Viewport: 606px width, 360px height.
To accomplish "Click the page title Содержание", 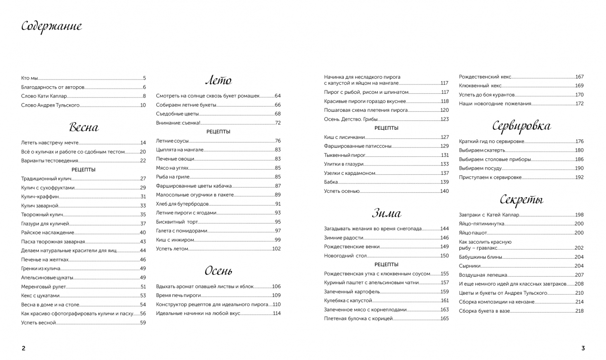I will [x=52, y=27].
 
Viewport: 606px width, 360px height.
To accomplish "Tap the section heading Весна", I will [x=84, y=127].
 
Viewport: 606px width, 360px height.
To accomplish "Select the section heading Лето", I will [x=218, y=80].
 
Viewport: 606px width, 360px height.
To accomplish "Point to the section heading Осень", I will [x=218, y=271].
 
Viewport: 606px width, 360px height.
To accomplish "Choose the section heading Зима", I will [x=386, y=214].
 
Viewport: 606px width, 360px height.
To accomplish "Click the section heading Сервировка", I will [x=521, y=126].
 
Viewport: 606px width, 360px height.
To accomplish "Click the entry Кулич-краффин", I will [x=36, y=197].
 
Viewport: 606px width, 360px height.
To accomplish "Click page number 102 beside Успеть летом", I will [x=276, y=249].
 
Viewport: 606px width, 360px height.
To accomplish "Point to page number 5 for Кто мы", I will [x=144, y=78].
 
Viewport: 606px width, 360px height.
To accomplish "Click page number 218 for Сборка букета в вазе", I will [x=579, y=311].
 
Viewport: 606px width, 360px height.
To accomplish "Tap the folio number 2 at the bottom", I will [x=24, y=348].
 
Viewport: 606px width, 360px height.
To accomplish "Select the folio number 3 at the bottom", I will [x=583, y=348].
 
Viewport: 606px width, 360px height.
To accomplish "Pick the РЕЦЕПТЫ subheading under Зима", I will [x=386, y=264].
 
